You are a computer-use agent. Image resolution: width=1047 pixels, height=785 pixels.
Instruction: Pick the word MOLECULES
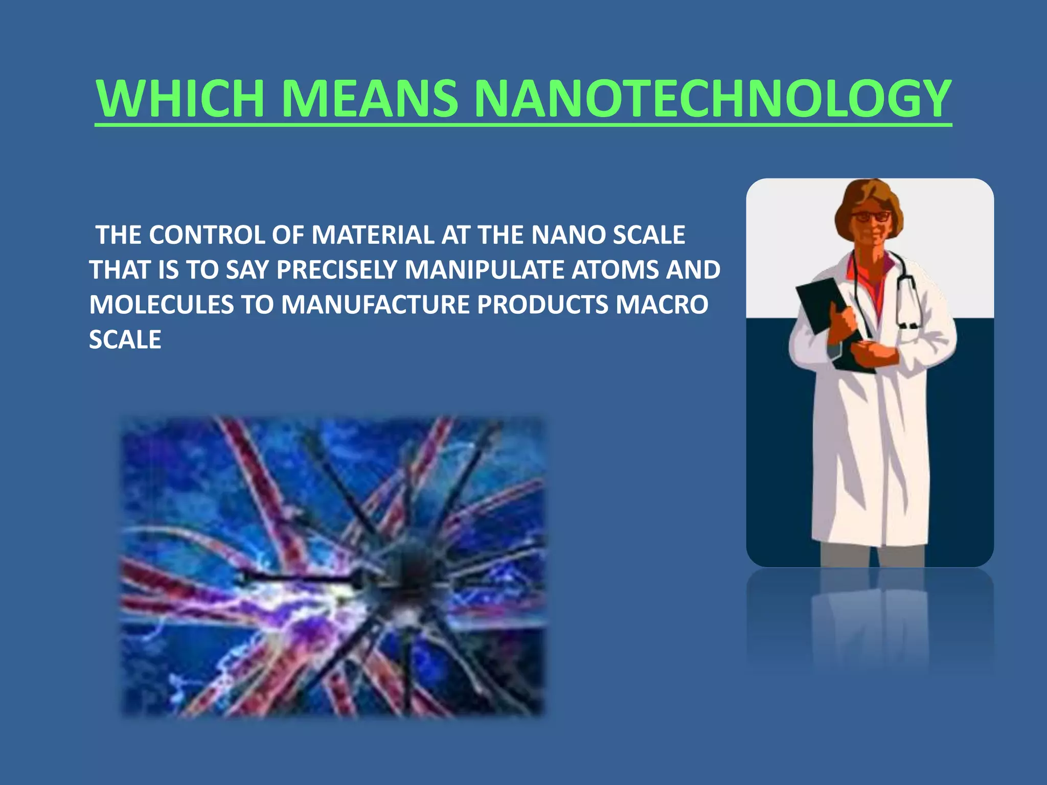coord(161,305)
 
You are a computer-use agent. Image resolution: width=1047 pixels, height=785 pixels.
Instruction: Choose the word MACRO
coord(662,305)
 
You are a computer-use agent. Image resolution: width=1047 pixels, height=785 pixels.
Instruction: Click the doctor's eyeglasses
coord(871,217)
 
